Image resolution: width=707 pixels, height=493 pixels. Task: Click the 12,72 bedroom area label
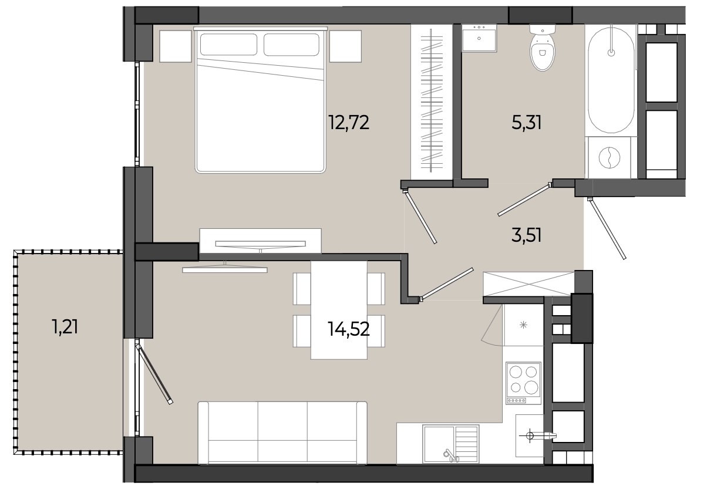[348, 123]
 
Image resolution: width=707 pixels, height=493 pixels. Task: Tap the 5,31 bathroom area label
[526, 123]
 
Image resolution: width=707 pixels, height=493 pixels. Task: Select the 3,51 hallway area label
[526, 235]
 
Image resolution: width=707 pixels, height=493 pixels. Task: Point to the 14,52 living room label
[348, 329]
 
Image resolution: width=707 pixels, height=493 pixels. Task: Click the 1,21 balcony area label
[65, 326]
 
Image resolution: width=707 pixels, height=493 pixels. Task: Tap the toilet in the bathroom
[542, 48]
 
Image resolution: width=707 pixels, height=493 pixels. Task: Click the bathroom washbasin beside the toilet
[479, 38]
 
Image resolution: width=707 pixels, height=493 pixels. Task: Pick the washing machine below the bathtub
[609, 158]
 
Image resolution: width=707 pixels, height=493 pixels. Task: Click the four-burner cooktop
[524, 383]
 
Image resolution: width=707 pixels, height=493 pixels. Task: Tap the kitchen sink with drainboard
[451, 444]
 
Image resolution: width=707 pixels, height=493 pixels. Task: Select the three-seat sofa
[282, 433]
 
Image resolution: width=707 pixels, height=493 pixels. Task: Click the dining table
[339, 310]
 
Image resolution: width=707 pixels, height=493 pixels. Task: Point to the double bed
[260, 100]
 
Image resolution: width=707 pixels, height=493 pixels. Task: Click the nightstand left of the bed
[176, 46]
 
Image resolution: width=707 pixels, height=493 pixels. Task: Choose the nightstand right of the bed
[346, 46]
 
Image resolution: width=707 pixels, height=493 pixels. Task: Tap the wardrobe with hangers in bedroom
[432, 102]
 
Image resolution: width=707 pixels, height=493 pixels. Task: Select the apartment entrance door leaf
[607, 229]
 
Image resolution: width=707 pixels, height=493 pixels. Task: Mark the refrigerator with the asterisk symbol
[524, 325]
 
